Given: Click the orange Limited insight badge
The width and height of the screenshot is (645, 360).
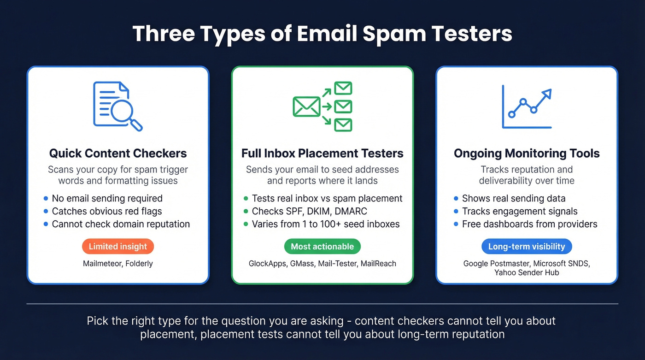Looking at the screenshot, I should click(118, 247).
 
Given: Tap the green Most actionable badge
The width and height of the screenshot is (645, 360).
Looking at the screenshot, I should click(322, 247).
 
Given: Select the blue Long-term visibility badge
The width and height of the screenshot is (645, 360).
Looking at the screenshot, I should click(527, 247).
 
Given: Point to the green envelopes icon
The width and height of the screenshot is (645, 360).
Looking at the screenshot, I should click(322, 106).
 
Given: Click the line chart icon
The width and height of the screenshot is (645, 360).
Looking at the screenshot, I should click(527, 107).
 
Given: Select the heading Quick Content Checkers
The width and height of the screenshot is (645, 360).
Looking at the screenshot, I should click(118, 153).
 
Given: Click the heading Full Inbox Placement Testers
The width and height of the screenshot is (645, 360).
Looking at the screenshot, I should click(322, 153).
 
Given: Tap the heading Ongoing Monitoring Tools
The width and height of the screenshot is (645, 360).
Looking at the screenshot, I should click(527, 153).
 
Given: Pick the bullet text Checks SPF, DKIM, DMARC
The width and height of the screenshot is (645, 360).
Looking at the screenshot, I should click(309, 212).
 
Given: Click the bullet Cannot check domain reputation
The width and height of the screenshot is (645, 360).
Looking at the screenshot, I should click(121, 224).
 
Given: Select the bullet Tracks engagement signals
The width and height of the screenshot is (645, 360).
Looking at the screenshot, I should click(520, 212).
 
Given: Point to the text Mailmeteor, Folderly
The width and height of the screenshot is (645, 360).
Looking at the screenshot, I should click(118, 264).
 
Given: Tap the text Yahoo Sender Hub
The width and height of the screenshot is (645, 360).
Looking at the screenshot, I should click(527, 272).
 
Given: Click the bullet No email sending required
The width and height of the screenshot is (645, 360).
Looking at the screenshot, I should click(107, 199).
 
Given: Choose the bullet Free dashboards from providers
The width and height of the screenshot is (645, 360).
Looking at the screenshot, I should click(529, 224).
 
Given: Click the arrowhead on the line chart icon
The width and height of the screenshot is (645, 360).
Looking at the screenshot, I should click(547, 94).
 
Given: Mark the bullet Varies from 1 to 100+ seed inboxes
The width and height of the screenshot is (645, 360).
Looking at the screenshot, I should click(325, 224).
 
